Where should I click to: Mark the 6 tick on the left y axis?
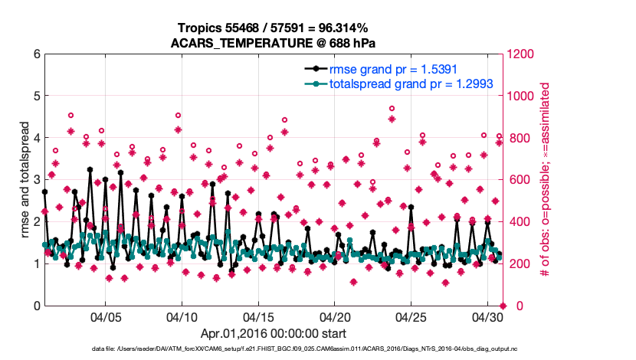[x=36, y=54]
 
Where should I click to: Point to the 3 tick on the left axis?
[x=36, y=180]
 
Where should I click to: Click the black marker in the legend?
[x=313, y=68]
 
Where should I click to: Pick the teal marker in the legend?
[x=313, y=83]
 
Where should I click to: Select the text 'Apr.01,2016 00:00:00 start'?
[x=274, y=333]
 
